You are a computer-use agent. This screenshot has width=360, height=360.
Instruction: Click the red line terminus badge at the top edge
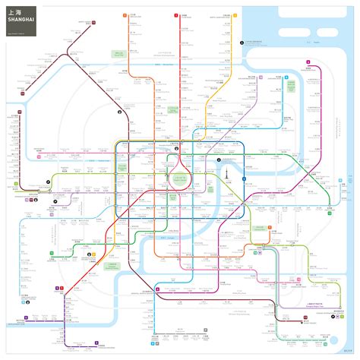click(x=175, y=14)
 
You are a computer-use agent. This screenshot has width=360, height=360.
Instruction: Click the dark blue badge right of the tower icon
click(x=244, y=178)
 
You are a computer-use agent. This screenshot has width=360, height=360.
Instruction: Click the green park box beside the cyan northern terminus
click(x=119, y=54)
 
